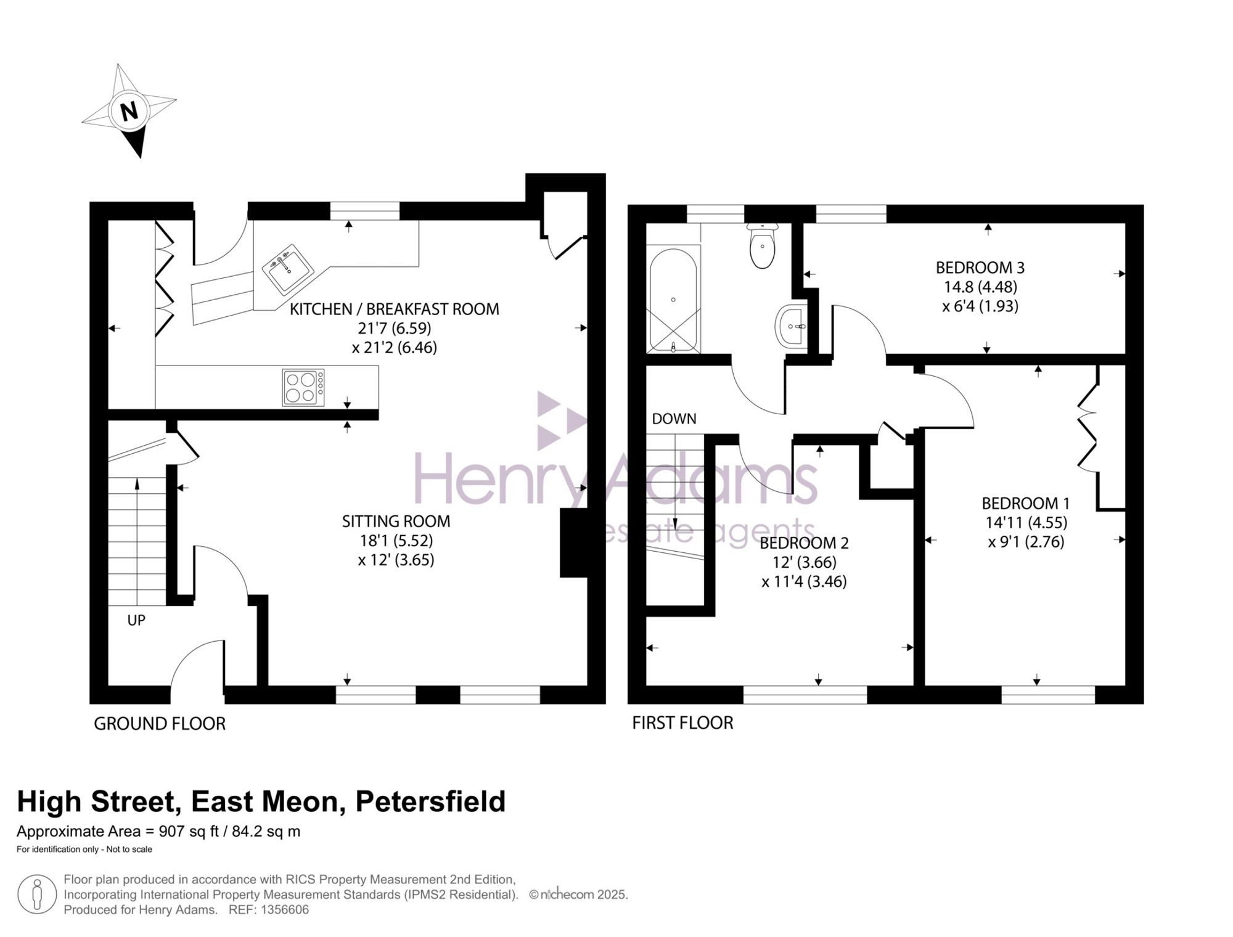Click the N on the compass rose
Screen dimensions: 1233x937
[129, 112]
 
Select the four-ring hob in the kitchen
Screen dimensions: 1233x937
[303, 387]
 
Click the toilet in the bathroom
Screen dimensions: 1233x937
[763, 245]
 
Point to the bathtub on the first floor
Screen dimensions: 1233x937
[673, 300]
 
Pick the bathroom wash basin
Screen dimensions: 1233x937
[791, 325]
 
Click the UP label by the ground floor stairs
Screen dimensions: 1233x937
[136, 620]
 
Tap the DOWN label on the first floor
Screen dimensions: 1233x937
[674, 419]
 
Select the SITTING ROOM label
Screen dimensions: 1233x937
[396, 522]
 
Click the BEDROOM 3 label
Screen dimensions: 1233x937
[980, 268]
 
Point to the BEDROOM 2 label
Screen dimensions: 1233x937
[804, 543]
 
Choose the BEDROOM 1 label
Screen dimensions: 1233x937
[1026, 503]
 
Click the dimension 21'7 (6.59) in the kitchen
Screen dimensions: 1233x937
[395, 328]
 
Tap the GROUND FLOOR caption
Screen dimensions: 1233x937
[160, 724]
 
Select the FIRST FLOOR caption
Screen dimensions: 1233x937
[683, 722]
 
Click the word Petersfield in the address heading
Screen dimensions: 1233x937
[431, 802]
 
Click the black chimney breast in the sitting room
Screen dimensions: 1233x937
[573, 543]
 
